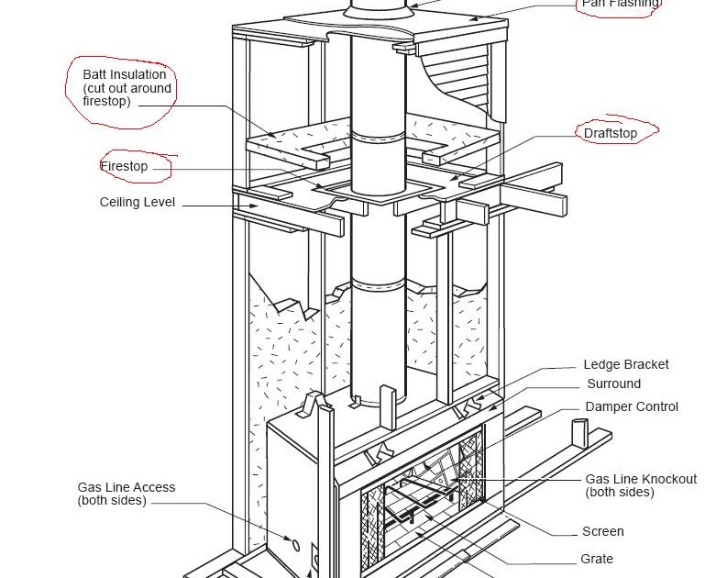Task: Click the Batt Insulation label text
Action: point(124,74)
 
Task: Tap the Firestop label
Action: point(124,167)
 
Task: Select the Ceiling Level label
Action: point(137,202)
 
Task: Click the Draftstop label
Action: point(610,133)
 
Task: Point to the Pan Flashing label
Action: point(620,5)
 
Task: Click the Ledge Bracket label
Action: point(625,364)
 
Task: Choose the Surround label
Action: point(613,383)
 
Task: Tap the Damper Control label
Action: point(631,406)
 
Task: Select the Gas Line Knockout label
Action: point(640,479)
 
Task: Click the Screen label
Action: point(602,531)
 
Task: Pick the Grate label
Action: point(596,559)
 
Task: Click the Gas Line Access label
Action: point(126,487)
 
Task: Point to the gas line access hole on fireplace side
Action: point(295,545)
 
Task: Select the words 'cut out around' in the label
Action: point(127,88)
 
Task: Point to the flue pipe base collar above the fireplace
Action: point(377,395)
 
